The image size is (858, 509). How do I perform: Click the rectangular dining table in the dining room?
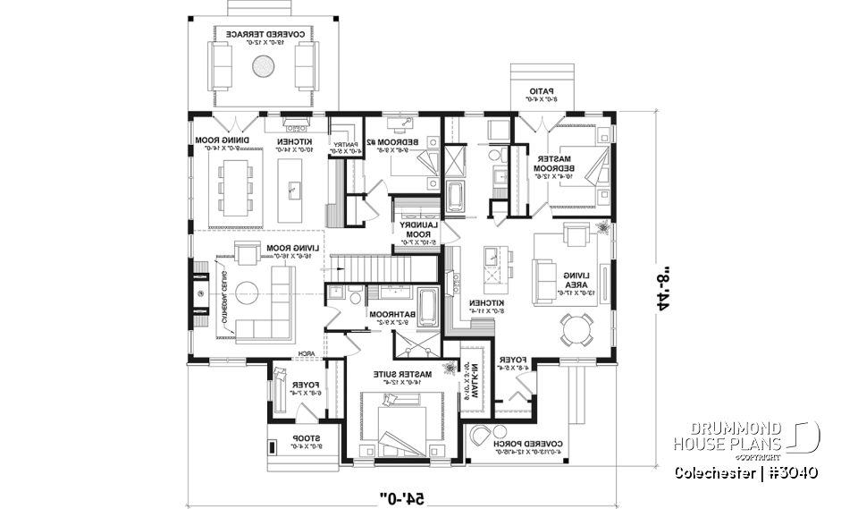click(231, 183)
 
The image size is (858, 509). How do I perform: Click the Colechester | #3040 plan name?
click(746, 471)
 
